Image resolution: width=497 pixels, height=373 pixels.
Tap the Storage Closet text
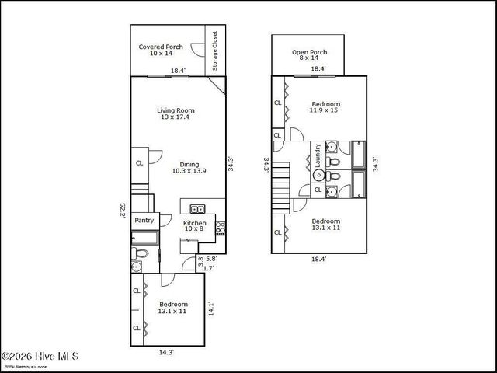(x=215, y=51)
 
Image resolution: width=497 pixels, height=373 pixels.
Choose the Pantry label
(x=144, y=221)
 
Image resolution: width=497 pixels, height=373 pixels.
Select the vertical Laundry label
(x=318, y=159)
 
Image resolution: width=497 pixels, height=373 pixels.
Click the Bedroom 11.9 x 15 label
(x=325, y=107)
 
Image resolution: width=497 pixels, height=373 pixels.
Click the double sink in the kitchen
(x=197, y=208)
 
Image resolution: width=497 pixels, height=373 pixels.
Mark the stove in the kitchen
(x=220, y=227)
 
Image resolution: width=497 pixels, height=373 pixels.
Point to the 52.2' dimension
(x=123, y=211)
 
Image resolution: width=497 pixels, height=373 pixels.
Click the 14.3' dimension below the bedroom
(x=166, y=352)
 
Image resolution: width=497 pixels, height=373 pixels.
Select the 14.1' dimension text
(x=210, y=309)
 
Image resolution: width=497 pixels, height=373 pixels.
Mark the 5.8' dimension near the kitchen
(x=211, y=258)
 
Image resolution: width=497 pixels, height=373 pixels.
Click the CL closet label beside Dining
(x=140, y=163)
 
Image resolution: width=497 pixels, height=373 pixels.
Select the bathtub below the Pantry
(x=144, y=238)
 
